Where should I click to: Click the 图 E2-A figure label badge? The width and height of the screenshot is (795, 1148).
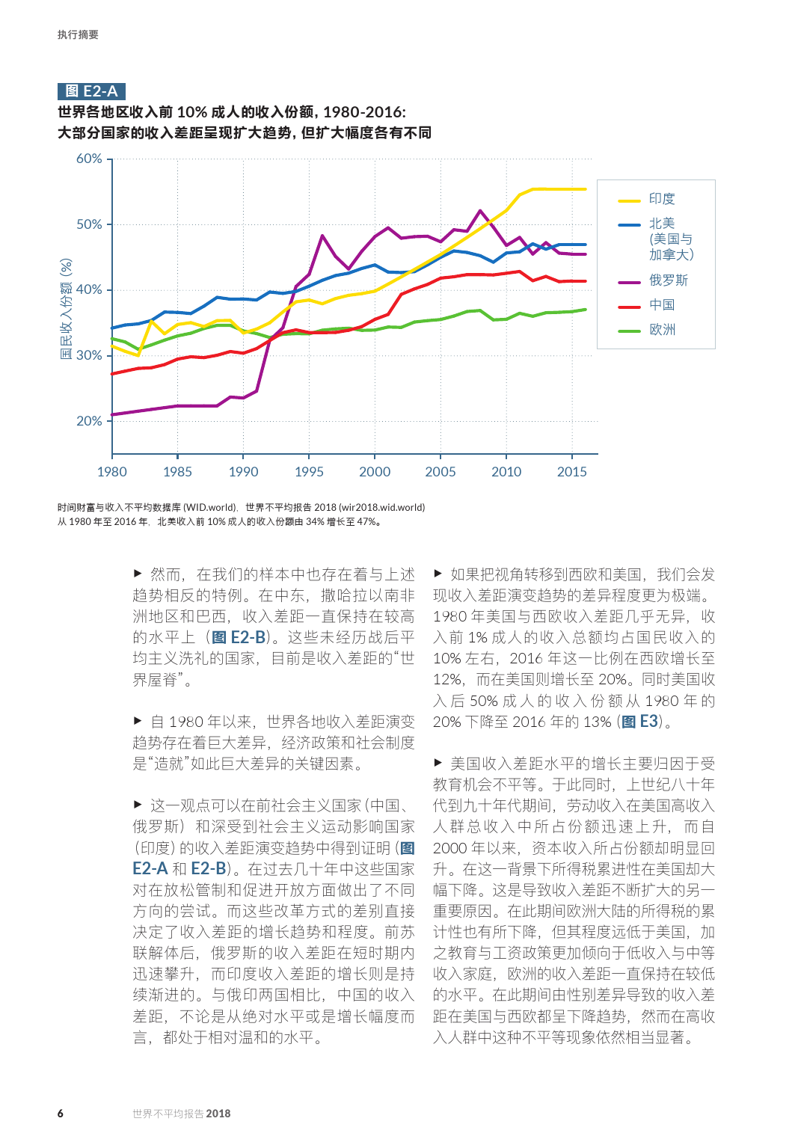91,91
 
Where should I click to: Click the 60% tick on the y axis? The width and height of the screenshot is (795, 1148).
89,159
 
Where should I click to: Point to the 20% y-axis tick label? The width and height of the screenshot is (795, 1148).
89,421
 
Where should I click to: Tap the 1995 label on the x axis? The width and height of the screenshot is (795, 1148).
309,472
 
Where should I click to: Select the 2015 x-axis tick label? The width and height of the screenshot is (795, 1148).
571,472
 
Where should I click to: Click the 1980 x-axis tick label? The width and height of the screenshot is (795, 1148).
112,472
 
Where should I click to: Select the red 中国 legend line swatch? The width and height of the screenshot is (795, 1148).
629,306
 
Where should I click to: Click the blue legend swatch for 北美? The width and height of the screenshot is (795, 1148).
629,224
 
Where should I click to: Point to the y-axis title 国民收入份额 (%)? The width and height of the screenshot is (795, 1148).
67,309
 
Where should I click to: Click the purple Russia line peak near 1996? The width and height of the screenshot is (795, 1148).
322,236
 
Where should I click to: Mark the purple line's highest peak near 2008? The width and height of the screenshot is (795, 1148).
480,211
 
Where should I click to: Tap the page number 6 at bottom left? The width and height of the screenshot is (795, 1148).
61,1114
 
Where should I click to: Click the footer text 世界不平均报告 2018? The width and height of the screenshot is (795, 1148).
181,1114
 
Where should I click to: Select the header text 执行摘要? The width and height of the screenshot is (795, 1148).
78,34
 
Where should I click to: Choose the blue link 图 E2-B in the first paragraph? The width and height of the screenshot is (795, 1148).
239,637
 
